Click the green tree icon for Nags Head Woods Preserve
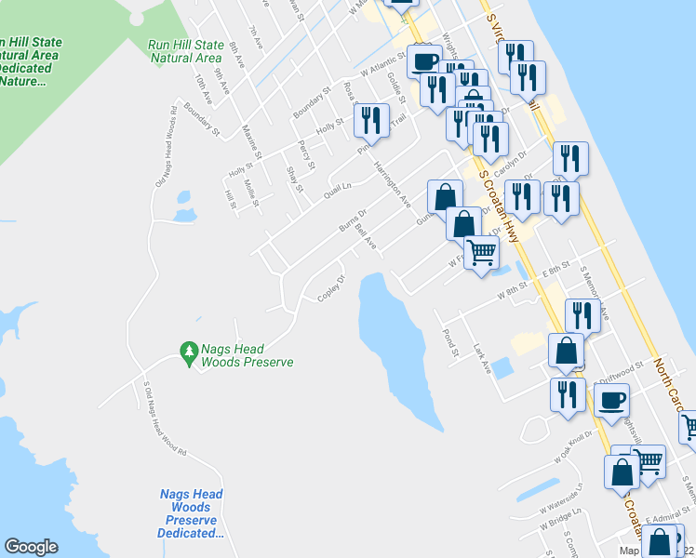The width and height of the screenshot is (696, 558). tap(190, 351)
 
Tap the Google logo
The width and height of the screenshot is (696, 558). tap(32, 547)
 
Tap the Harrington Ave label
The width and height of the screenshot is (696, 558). tap(392, 184)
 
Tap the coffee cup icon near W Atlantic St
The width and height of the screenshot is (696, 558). tap(424, 61)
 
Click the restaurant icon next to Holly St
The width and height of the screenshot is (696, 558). tap(370, 119)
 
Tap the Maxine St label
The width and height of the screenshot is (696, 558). tap(250, 141)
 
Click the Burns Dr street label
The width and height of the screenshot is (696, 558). tap(349, 223)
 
